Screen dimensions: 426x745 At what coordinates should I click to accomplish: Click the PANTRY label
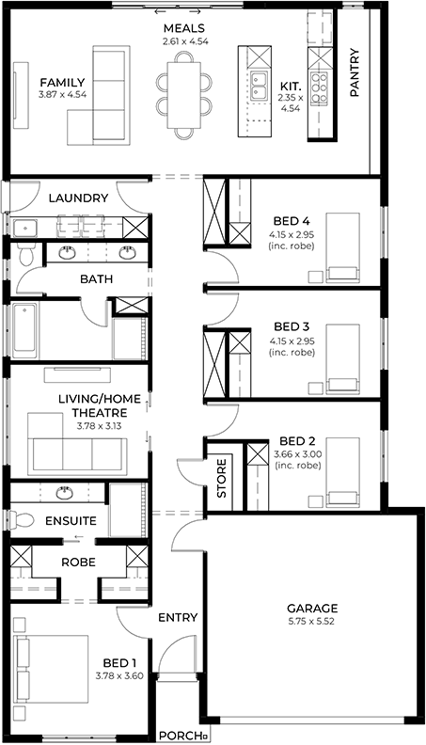pos(355,72)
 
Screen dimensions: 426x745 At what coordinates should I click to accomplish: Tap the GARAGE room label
pos(312,609)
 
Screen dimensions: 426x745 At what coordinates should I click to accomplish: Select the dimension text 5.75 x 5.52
pos(312,621)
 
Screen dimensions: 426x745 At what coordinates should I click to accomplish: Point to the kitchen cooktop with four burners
pos(318,87)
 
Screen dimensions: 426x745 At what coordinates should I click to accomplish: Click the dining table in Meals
pos(183,96)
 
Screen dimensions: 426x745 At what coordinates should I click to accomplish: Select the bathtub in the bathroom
pos(24,331)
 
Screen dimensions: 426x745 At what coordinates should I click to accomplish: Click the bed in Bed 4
pos(343,247)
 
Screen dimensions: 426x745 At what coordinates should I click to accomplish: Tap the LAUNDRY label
pos(78,198)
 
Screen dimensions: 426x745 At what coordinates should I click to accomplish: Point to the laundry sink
pos(25,228)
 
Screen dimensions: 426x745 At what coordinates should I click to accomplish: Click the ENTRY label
pos(178,617)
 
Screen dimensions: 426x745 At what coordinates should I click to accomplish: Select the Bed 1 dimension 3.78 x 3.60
pos(119,675)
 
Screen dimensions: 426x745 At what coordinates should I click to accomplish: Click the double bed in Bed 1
pos(52,669)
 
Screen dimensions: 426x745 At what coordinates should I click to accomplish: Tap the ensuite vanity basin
pos(64,493)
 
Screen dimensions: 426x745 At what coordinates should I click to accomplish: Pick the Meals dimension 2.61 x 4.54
pos(185,41)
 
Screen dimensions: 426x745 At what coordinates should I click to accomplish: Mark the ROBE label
pos(78,563)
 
